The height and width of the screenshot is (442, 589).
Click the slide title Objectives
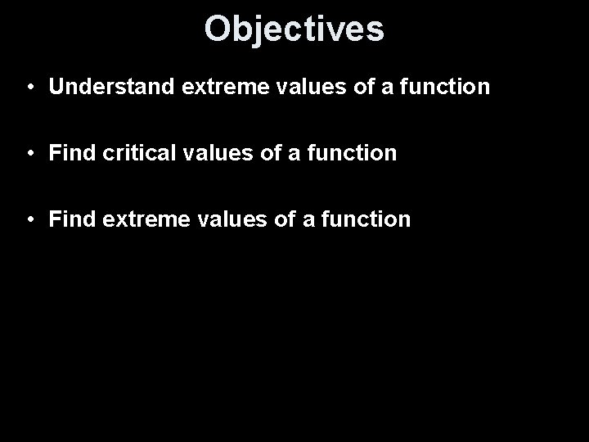coord(294,28)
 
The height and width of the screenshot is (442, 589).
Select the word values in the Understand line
coord(287,87)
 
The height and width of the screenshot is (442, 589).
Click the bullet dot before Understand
coord(29,88)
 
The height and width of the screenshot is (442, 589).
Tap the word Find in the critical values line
coord(68,153)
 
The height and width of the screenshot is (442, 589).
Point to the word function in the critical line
coord(356,153)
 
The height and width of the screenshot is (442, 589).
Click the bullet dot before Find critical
coord(29,154)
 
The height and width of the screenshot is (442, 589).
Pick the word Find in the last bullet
coord(68,219)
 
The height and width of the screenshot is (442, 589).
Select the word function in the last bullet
coord(369,219)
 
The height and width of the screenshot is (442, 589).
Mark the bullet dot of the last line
coord(29,220)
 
